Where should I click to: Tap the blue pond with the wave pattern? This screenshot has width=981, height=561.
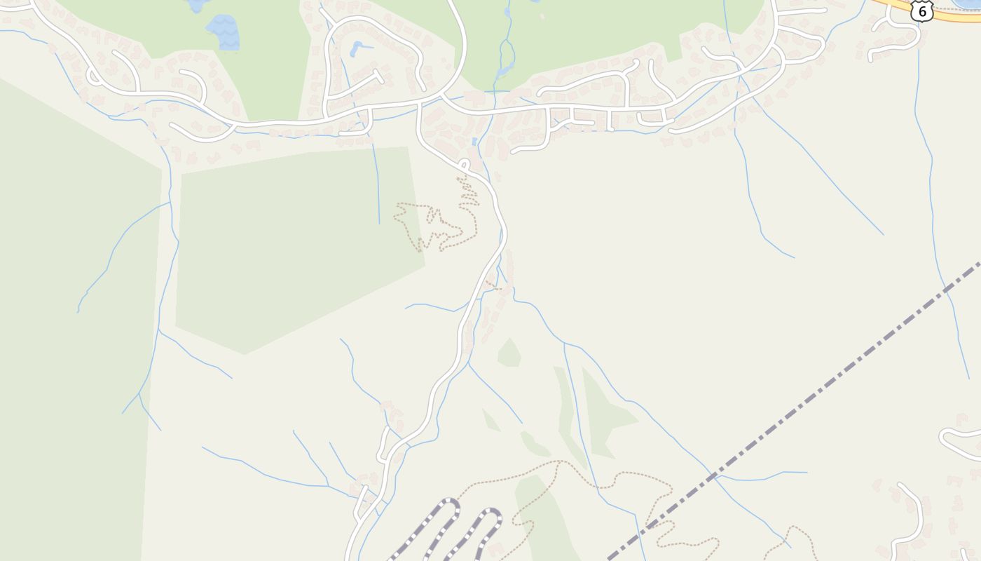point(224,32)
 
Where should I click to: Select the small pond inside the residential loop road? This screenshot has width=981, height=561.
point(357,48)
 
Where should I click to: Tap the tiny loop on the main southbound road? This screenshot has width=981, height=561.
point(464,165)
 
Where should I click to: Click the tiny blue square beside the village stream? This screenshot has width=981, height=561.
point(474,142)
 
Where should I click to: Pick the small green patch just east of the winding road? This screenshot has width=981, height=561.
point(509,353)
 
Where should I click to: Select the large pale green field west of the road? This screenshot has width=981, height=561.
point(294,245)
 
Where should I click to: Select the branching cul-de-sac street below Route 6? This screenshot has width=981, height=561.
point(893,39)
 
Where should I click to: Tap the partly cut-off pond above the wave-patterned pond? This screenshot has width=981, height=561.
point(197,5)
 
